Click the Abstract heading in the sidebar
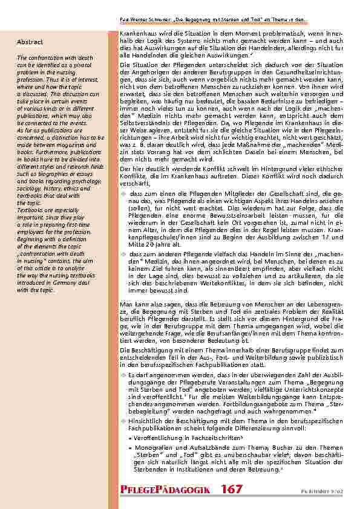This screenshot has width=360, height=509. (30, 42)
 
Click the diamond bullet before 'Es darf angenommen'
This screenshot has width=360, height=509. (123, 375)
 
